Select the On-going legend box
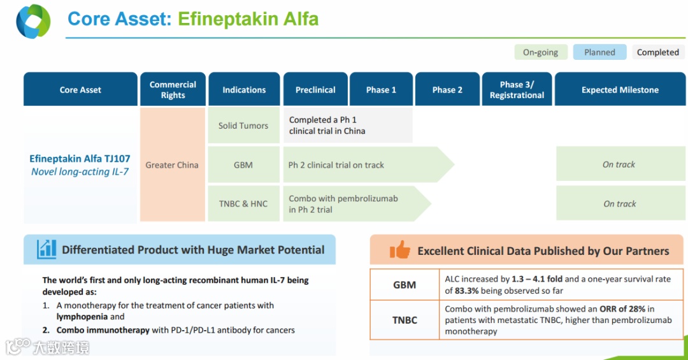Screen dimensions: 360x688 tap(540, 52)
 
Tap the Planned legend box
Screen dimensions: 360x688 tap(599, 52)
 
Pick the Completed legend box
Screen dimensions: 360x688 tap(657, 52)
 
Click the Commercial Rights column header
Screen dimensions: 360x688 tap(173, 90)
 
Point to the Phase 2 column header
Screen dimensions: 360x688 tap(447, 90)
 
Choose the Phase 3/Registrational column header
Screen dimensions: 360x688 tap(517, 90)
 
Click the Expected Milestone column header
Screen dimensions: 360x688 tap(620, 90)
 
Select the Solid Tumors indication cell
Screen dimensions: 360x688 tap(243, 126)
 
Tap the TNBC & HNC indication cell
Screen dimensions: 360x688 tap(243, 204)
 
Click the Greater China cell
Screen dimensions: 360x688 tap(172, 165)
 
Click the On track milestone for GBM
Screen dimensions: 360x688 tap(619, 164)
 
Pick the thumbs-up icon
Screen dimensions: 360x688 tap(399, 250)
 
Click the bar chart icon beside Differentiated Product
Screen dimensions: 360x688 tap(47, 249)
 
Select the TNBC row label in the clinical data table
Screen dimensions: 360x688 tap(405, 320)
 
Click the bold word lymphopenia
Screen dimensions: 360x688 tap(81, 317)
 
